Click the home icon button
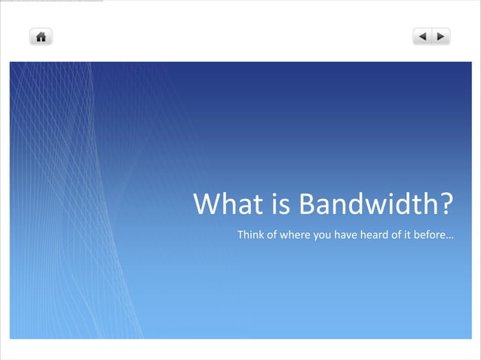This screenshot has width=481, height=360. [x=41, y=36]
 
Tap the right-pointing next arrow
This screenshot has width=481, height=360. [x=441, y=36]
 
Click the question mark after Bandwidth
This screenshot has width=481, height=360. [x=446, y=204]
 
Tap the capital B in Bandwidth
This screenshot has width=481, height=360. [x=307, y=204]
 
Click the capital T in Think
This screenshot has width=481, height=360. [x=240, y=235]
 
